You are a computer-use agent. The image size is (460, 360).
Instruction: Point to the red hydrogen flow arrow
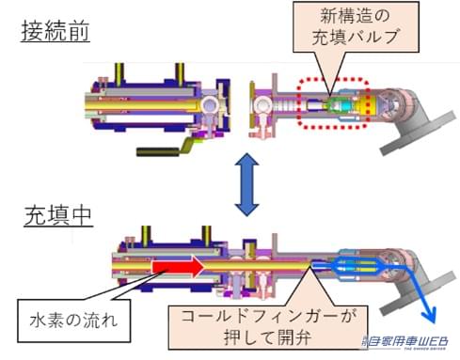point(173,268)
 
